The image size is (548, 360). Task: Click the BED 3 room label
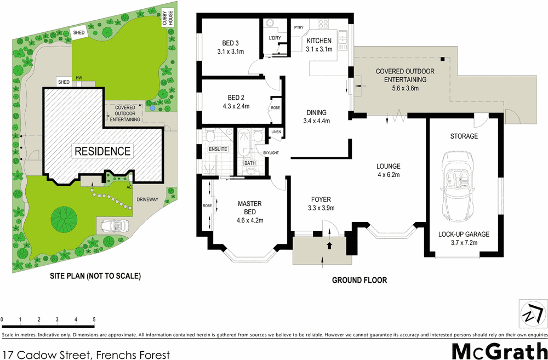tap(230, 43)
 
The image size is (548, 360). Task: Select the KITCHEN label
tap(318, 41)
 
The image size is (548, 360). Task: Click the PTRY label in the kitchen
tap(299, 27)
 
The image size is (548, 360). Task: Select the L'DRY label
tap(275, 38)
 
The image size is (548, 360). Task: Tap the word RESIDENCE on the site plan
tap(102, 151)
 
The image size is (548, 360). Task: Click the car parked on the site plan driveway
tap(113, 225)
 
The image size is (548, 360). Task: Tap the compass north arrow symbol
tap(532, 315)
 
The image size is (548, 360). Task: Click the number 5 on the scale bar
tap(94, 319)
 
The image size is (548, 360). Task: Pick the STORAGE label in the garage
tap(464, 136)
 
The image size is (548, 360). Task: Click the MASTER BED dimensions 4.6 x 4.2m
tap(250, 221)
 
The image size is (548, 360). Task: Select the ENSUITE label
tap(217, 148)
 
